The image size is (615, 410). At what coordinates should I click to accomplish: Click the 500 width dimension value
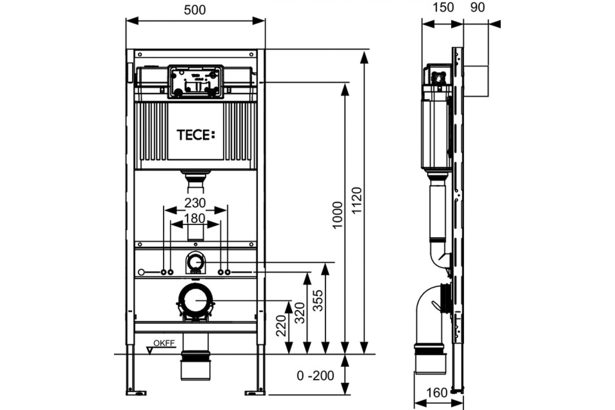[x=195, y=10]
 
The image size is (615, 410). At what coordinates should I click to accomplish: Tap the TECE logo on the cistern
[x=196, y=135]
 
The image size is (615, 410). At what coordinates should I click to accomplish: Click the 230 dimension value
[x=195, y=203]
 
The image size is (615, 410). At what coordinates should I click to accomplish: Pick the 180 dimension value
[x=195, y=219]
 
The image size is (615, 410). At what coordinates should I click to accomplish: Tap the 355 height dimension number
[x=318, y=300]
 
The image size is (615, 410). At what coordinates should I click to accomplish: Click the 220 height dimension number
[x=281, y=325]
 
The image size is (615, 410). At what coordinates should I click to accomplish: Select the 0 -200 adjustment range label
[x=315, y=376]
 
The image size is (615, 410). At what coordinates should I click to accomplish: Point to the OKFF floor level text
[x=164, y=343]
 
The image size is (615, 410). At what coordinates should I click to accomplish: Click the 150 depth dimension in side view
[x=443, y=8]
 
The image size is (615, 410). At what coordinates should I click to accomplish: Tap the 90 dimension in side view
[x=477, y=8]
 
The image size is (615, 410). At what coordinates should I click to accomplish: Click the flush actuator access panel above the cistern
[x=196, y=82]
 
